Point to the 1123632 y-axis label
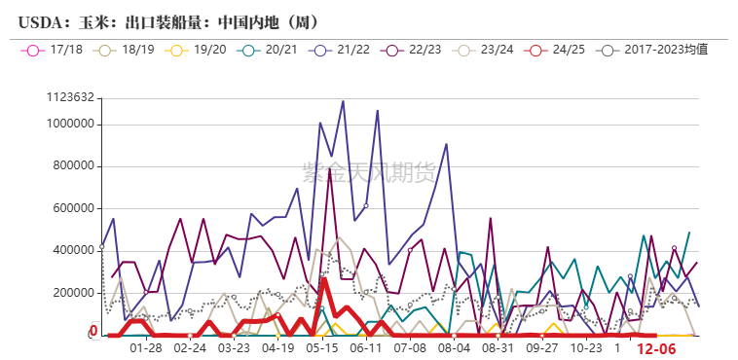click(x=70, y=97)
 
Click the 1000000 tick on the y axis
click(x=70, y=124)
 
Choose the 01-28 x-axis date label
click(x=145, y=346)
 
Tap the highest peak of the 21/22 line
click(x=343, y=101)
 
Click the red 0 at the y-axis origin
click(x=93, y=332)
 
